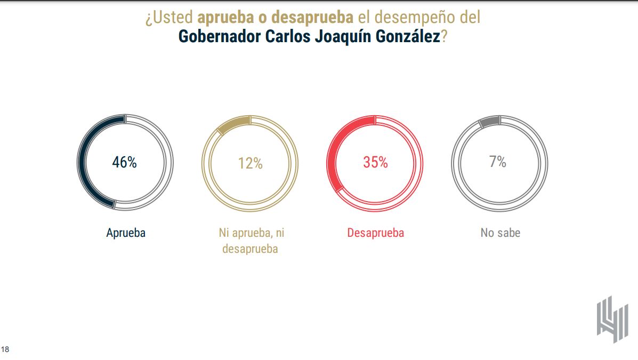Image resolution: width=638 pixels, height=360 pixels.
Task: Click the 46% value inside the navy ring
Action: [124, 163]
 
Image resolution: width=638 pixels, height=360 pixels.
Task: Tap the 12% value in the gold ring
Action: [250, 163]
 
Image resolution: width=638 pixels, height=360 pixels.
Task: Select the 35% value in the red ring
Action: [375, 163]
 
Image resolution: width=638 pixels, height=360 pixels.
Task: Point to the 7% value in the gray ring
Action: [498, 162]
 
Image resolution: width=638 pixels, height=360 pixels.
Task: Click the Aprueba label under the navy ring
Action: [125, 233]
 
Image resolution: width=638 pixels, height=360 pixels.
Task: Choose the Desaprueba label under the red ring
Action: [375, 233]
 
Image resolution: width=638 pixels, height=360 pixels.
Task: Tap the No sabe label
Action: [500, 233]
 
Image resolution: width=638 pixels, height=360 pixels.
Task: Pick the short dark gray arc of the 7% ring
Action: [489, 121]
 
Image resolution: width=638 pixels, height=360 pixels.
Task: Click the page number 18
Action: [5, 350]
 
